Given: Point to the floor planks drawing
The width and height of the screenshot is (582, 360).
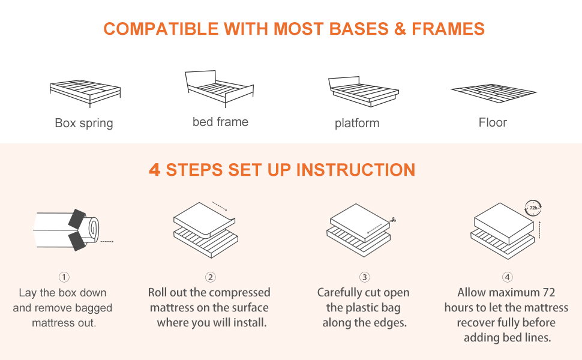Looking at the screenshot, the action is coord(493,94).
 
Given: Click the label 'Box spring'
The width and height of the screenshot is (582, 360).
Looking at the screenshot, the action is coord(84,123).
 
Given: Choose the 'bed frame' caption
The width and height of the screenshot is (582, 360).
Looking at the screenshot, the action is coord(220,122).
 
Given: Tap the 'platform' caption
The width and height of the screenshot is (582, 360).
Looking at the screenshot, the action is coord(357,123).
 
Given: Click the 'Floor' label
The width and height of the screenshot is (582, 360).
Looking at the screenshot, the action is coord(493,122).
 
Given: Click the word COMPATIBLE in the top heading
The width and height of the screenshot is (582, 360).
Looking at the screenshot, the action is coord(161,29).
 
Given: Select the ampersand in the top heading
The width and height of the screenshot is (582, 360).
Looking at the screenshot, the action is coord(400,29).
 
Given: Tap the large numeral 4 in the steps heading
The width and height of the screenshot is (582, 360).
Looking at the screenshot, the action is coord(154,170).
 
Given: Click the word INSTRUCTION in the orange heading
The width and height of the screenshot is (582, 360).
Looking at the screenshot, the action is coord(356,170).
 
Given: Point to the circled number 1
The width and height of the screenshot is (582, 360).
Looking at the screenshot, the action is coord(64,277).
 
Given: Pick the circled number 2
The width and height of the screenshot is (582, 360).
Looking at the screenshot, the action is coord(211,277).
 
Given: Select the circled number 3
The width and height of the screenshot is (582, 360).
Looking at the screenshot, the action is coord(364,277).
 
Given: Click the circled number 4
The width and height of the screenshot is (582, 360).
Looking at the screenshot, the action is coord(508,277).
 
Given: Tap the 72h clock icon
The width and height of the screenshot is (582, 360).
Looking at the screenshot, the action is coord(533,208).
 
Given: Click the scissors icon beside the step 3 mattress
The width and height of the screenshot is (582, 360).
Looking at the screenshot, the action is coord(393,220).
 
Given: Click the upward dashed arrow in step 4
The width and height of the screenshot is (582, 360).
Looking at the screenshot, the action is coord(539,230).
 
